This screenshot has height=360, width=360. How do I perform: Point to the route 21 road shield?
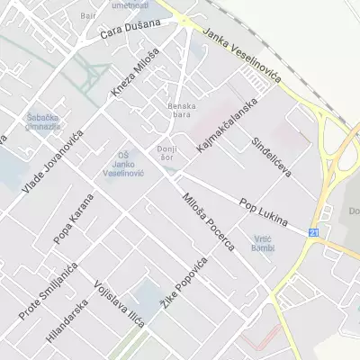(313, 232)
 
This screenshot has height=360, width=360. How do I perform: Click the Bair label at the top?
(88, 15)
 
